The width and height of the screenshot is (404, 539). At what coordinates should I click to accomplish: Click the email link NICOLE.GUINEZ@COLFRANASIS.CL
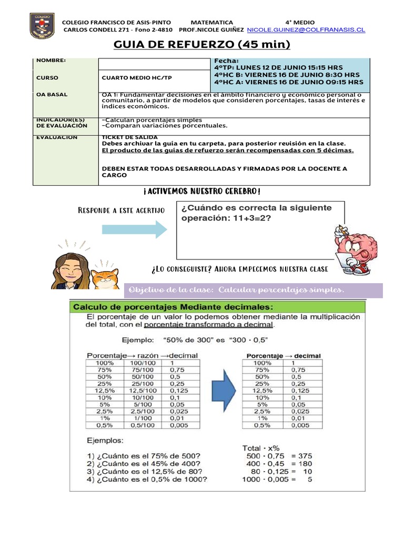[x=306, y=31]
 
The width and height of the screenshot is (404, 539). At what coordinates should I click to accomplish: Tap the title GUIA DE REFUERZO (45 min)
[x=202, y=44]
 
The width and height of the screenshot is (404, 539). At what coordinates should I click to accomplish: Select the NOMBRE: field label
[x=51, y=61]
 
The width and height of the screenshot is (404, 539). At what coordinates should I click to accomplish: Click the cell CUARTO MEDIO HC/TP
[x=136, y=77]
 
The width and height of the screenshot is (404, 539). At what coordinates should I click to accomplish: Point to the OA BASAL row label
[x=52, y=95]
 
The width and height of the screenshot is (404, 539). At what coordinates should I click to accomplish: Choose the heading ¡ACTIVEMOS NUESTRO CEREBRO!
[x=202, y=191]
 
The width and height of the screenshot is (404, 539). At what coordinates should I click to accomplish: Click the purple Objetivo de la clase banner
[x=254, y=290]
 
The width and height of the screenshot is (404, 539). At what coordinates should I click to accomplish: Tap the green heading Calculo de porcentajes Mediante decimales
[x=173, y=306]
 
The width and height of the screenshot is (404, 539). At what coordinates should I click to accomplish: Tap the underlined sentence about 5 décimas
[x=227, y=150]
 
